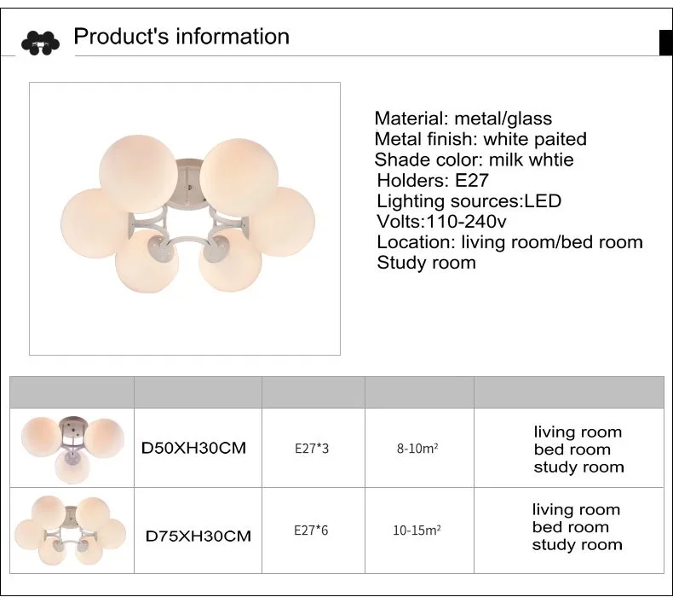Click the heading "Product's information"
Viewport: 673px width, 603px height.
[181, 36]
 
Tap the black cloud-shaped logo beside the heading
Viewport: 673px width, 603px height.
[40, 43]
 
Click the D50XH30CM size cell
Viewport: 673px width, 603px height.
[193, 449]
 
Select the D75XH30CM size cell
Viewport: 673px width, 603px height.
[198, 536]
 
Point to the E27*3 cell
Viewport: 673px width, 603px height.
[312, 449]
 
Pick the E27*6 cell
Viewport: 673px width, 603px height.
[311, 531]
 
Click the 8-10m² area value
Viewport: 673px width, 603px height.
[417, 449]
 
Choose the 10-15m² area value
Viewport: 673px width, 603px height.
[417, 531]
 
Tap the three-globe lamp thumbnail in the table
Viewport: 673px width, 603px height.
[72, 449]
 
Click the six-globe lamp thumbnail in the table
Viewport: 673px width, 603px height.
[71, 531]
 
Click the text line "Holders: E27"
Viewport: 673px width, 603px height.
[433, 180]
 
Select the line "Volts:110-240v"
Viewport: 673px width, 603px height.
[441, 222]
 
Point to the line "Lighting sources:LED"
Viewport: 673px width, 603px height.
[469, 200]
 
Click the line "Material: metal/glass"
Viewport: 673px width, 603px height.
[463, 119]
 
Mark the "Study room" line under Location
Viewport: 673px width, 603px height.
[426, 263]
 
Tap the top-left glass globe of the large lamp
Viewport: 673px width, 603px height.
[137, 173]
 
